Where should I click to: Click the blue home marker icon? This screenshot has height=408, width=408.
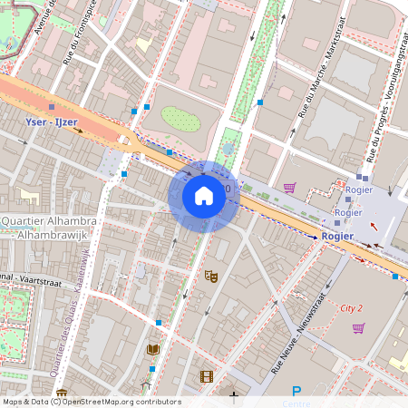pyautogui.click(x=204, y=196)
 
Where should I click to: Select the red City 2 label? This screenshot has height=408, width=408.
pyautogui.click(x=351, y=308)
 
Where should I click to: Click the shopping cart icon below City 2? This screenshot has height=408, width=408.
pyautogui.click(x=358, y=327)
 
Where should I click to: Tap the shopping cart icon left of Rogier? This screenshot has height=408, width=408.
pyautogui.click(x=289, y=188)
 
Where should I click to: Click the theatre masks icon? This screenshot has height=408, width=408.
pyautogui.click(x=211, y=276)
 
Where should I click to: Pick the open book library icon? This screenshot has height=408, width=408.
pyautogui.click(x=153, y=349)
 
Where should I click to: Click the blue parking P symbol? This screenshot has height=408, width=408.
pyautogui.click(x=296, y=392)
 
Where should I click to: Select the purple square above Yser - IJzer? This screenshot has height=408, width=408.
pyautogui.click(x=52, y=107)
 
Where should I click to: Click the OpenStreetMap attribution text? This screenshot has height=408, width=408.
pyautogui.click(x=91, y=402)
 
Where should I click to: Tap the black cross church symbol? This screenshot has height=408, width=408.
pyautogui.click(x=234, y=395)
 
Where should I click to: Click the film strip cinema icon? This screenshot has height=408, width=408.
pyautogui.click(x=207, y=376)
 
